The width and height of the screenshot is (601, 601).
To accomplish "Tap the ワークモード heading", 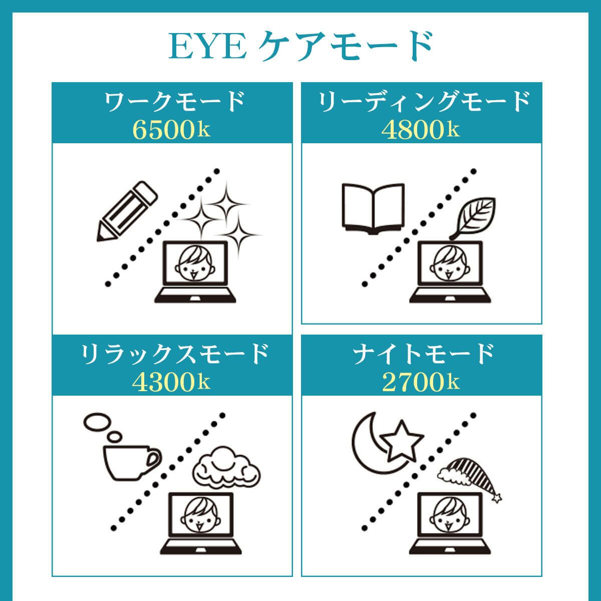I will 172,102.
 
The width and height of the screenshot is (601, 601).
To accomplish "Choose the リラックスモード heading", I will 172,355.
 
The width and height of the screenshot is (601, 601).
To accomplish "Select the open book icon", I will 372,209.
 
